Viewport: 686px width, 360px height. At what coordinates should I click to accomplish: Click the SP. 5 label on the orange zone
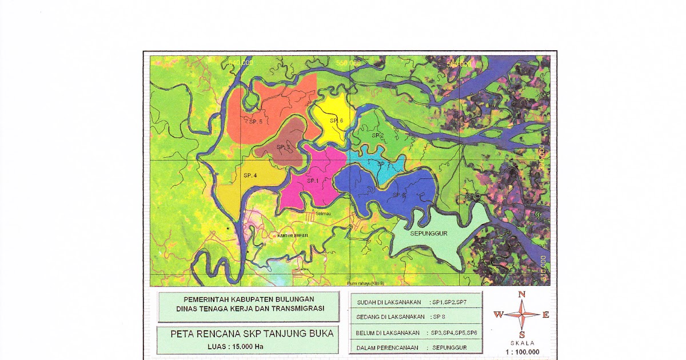point(256,122)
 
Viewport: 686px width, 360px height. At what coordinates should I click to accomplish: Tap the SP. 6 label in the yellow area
point(336,121)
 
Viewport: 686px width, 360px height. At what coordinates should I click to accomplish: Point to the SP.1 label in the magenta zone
point(312,181)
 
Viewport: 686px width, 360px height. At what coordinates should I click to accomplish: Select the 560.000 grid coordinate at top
point(460,64)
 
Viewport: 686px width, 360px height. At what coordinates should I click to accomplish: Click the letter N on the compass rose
point(521,294)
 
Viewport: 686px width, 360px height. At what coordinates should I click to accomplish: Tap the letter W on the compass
point(498,314)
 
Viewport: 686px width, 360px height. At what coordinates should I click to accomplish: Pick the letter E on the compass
point(545,314)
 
